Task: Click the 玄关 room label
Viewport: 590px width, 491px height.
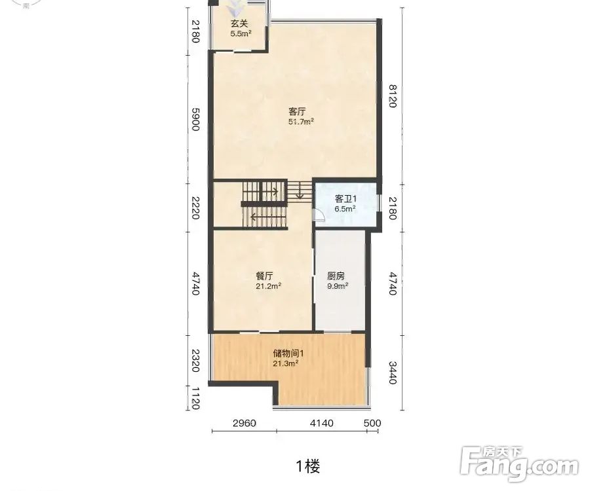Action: click(239, 24)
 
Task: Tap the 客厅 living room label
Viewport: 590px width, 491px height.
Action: click(297, 111)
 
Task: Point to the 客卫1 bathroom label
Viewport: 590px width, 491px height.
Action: click(345, 199)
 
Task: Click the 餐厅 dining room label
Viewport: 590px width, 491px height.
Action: click(264, 276)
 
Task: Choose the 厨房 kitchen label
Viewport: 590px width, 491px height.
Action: click(336, 276)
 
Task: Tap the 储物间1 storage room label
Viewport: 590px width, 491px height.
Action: click(288, 354)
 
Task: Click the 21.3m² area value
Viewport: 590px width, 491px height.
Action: click(286, 363)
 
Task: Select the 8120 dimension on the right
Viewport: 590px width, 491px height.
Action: click(393, 96)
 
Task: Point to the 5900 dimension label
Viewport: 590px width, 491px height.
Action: click(195, 119)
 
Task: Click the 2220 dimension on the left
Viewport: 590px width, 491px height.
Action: click(195, 208)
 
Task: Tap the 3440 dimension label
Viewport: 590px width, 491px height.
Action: click(393, 373)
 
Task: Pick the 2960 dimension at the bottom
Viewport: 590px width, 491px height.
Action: click(245, 424)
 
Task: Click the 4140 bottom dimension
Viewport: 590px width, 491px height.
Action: click(321, 424)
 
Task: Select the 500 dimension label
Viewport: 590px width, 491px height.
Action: click(372, 424)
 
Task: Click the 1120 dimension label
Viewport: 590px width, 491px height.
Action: click(195, 399)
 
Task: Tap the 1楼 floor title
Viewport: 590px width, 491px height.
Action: click(308, 467)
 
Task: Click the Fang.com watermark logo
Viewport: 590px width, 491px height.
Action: click(520, 464)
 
